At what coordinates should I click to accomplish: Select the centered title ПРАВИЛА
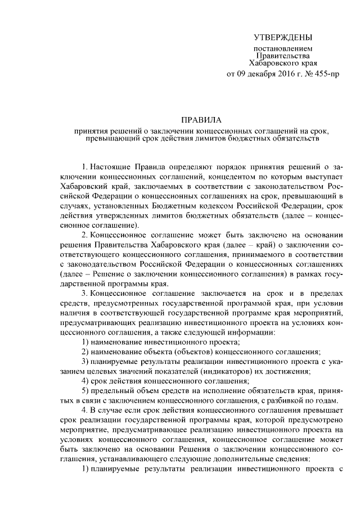pos(201,120)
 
